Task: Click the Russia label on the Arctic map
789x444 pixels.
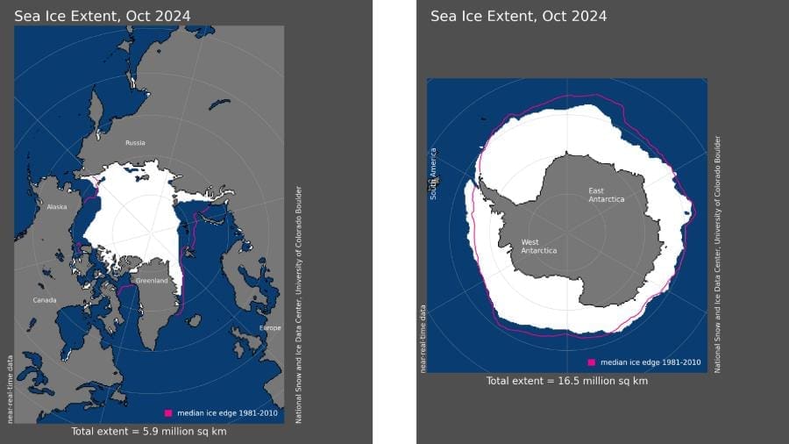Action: [x=135, y=143]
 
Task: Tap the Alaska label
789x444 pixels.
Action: [x=57, y=207]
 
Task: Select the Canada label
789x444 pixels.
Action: [x=45, y=300]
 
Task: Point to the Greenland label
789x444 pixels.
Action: [x=151, y=281]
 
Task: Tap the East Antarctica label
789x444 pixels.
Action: [x=607, y=195]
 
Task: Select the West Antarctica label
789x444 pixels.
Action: [x=538, y=246]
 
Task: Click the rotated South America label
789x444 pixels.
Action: [x=433, y=174]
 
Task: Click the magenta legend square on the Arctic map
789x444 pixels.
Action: [x=168, y=412]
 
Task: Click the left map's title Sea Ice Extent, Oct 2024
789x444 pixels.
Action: [x=102, y=16]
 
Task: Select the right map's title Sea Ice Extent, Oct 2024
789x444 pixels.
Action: [x=519, y=16]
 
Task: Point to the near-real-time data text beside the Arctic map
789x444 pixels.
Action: [x=11, y=389]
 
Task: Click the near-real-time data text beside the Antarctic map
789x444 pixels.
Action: [x=423, y=338]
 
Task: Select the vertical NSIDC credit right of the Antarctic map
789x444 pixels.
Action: [x=717, y=254]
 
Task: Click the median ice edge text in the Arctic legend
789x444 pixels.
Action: [x=218, y=412]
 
